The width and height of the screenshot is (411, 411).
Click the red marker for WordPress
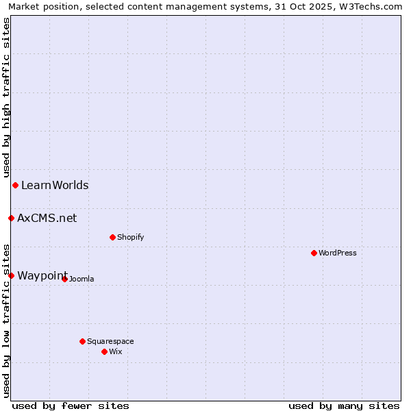pyautogui.click(x=314, y=253)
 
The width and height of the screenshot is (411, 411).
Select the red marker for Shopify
pyautogui.click(x=112, y=237)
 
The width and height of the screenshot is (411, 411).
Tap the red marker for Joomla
pyautogui.click(x=64, y=279)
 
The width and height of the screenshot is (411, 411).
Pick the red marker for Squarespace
pyautogui.click(x=82, y=341)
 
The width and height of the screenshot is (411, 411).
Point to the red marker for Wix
pyautogui.click(x=104, y=351)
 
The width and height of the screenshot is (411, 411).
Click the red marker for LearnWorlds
pyautogui.click(x=15, y=185)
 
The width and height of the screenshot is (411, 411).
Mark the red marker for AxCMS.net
pyautogui.click(x=11, y=218)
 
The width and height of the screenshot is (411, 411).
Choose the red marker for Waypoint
pyautogui.click(x=11, y=275)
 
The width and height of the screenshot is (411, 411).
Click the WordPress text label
pyautogui.click(x=338, y=253)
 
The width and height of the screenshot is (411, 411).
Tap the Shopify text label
pyautogui.click(x=131, y=237)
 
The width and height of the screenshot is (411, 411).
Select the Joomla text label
pyautogui.click(x=82, y=279)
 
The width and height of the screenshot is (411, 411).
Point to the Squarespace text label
pyautogui.click(x=110, y=341)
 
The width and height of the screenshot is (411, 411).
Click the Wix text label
pyautogui.click(x=116, y=351)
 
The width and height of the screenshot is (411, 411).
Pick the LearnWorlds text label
pyautogui.click(x=55, y=185)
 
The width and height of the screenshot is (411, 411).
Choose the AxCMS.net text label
pyautogui.click(x=47, y=218)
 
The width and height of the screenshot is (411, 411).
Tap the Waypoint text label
pyautogui.click(x=42, y=275)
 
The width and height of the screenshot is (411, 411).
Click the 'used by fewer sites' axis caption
pyautogui.click(x=71, y=406)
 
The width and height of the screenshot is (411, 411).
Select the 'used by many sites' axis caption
pyautogui.click(x=344, y=406)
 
